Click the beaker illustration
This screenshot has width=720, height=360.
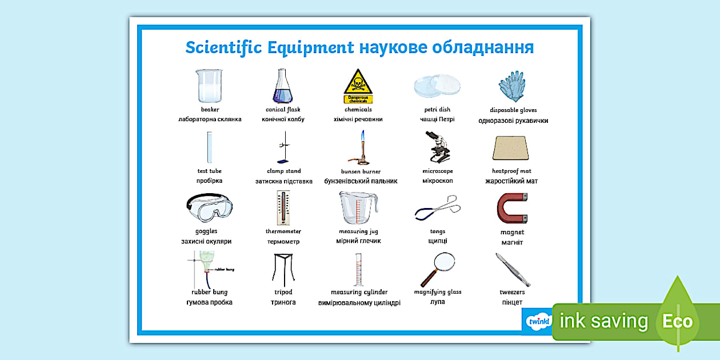coord(209,86)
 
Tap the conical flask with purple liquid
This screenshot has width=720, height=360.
coord(282,87)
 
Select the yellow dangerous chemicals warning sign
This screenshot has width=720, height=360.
coord(358,83)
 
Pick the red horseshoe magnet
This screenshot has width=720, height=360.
coord(511,209)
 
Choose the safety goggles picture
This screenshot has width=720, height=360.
coord(209,207)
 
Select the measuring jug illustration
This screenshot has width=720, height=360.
coord(358,207)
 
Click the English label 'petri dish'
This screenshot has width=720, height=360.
coord(437,110)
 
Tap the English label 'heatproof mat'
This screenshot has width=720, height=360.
coord(511,171)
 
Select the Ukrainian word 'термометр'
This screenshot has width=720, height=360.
coord(283,242)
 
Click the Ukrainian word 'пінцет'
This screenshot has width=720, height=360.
coord(512,302)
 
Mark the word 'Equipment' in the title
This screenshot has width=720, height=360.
coord(311,47)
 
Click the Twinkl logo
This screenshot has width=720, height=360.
coord(538,321)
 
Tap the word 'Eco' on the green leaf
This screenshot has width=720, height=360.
coord(677,321)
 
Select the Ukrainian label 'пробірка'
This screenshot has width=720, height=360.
coord(209,181)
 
